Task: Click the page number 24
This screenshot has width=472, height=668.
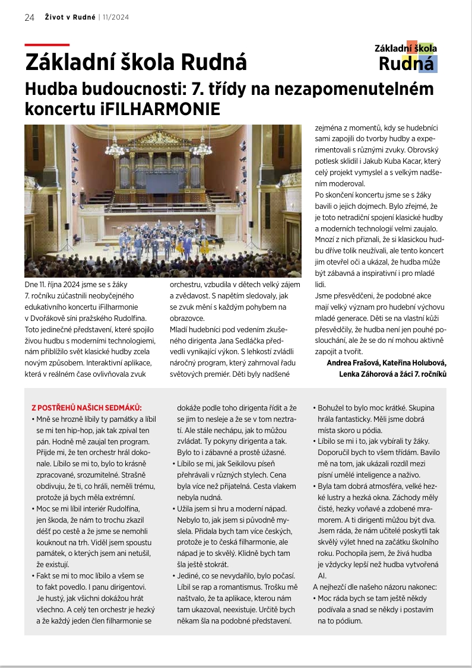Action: click(x=30, y=17)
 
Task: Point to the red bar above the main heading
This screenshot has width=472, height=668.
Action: click(x=47, y=45)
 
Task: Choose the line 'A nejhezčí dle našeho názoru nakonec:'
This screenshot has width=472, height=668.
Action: click(x=375, y=587)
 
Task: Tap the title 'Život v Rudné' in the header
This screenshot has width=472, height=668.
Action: click(x=69, y=17)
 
